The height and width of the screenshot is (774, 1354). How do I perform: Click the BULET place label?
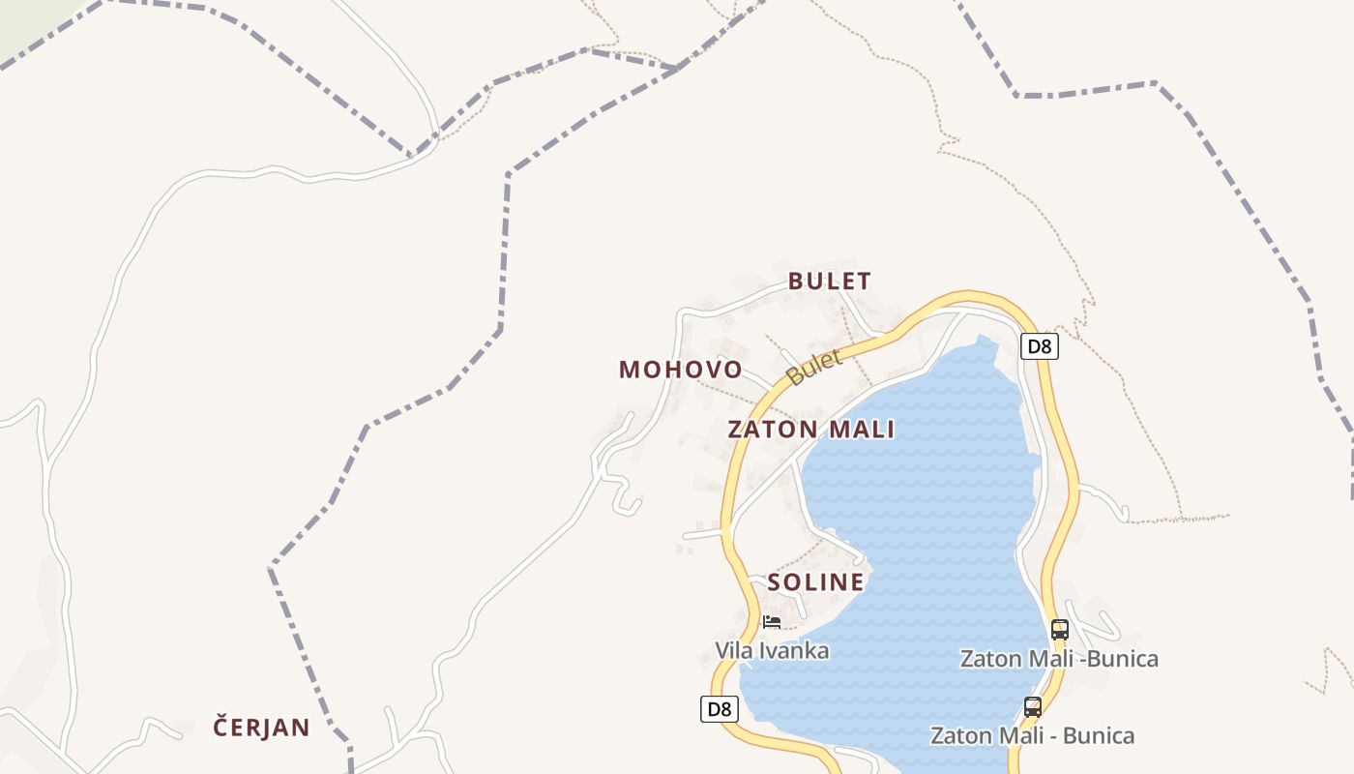tap(829, 282)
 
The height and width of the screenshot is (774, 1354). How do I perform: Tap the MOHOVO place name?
tap(681, 370)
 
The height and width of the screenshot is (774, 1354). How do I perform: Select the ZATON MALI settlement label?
tap(811, 430)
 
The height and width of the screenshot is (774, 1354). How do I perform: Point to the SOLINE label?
tap(815, 582)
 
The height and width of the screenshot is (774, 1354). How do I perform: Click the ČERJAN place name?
tap(261, 728)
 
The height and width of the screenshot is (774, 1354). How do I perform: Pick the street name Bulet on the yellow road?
tap(814, 368)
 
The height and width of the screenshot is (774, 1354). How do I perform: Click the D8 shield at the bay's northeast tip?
tap(1039, 346)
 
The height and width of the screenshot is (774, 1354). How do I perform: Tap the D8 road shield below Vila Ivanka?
tap(719, 709)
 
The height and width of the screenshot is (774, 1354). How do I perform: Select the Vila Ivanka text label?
tap(772, 650)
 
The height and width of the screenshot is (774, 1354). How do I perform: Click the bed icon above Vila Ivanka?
tap(771, 621)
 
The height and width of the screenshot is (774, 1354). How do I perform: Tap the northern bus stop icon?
tap(1059, 630)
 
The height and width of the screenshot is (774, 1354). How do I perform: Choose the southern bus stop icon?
tap(1033, 707)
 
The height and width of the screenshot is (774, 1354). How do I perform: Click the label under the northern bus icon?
tap(1059, 659)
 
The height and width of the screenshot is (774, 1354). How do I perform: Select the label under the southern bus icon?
tap(1032, 735)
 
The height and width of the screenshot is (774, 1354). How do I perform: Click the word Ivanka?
tap(798, 650)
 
